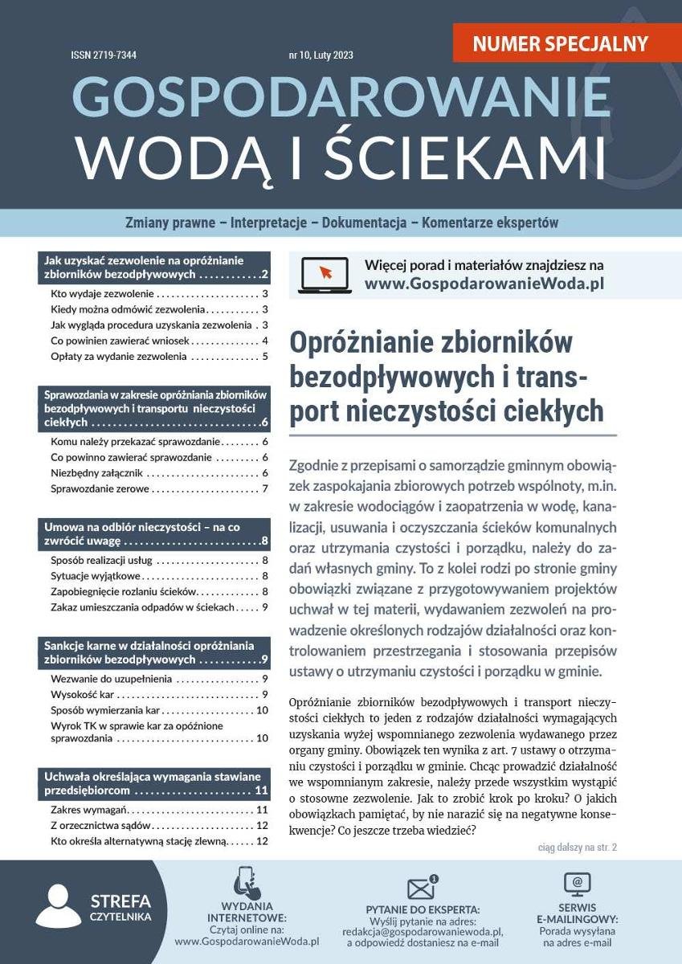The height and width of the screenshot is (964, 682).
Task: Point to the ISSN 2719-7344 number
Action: point(104,56)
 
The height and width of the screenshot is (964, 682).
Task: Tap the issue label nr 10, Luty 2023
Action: point(321,56)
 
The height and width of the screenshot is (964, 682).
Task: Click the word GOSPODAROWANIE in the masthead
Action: point(341,98)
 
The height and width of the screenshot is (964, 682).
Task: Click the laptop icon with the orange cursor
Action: point(324,275)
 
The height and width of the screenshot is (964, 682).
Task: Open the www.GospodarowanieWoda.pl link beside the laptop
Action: point(484,284)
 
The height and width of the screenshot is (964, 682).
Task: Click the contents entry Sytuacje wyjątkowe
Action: point(96,575)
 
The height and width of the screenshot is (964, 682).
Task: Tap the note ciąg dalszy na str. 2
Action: point(577,847)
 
